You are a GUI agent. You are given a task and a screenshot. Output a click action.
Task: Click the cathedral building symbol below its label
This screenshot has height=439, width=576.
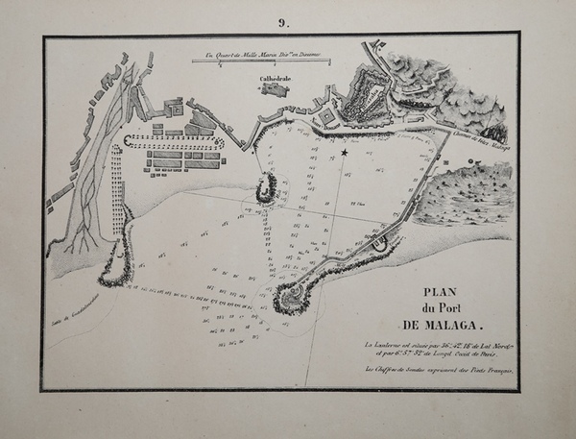click(x=275, y=89)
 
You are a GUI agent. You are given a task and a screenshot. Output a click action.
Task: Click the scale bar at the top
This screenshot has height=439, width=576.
click(x=259, y=61)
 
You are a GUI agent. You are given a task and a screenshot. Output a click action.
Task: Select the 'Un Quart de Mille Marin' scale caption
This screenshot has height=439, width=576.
click(x=259, y=54)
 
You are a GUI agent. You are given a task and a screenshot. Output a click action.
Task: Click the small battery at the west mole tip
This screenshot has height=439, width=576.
click(x=267, y=184)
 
